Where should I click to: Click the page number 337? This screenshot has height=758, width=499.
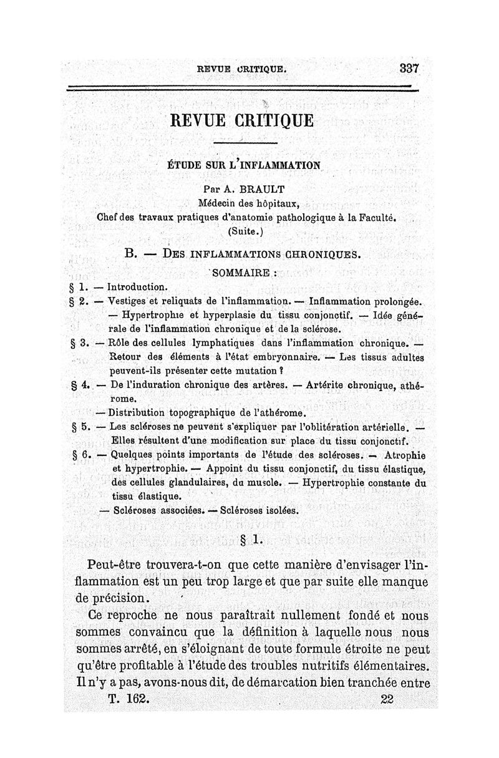pyautogui.click(x=409, y=68)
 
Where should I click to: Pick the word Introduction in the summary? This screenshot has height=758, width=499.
pyautogui.click(x=137, y=288)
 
